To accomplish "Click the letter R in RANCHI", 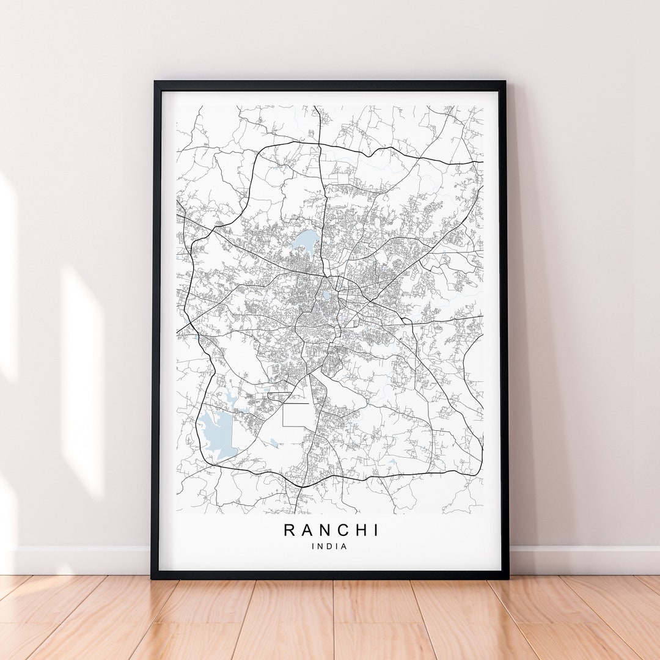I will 290,530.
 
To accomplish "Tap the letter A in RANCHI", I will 307,530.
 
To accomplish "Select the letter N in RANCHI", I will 326,530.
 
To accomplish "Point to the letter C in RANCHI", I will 344,530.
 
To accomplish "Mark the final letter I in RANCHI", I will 375,530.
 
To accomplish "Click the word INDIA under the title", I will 330,546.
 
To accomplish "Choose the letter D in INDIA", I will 330,546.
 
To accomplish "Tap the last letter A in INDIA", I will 344,546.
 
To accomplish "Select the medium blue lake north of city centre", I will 306,240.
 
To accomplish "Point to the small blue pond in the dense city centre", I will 326,295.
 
